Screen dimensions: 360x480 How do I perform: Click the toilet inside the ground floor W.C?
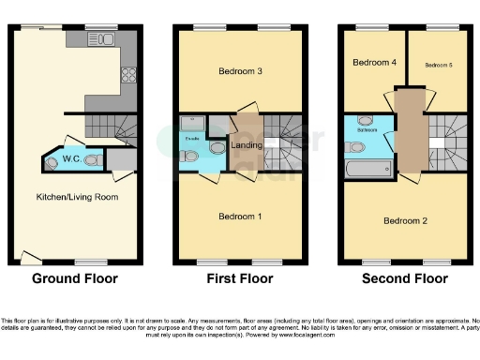92,161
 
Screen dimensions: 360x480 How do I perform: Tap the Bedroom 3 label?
239,71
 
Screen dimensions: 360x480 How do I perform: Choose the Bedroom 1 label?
239,217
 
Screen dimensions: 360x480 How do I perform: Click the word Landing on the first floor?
246,145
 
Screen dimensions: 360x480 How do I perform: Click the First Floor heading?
239,278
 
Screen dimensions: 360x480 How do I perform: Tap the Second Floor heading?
404,278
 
